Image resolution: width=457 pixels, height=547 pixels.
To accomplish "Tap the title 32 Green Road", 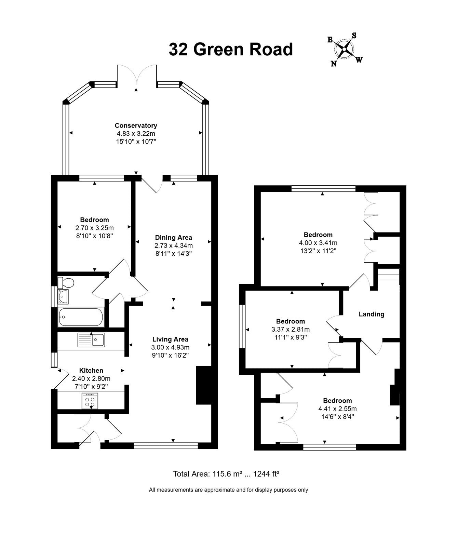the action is click(231, 49).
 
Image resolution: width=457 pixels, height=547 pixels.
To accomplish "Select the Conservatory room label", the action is click(136, 125).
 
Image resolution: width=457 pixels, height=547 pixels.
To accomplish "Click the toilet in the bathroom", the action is click(66, 283).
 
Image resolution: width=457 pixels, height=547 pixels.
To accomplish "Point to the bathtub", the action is click(81, 317).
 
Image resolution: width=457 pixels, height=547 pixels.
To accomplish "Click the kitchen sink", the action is click(91, 339).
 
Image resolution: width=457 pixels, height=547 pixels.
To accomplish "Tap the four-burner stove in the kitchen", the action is click(90, 400).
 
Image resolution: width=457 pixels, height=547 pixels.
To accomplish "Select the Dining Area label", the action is click(174, 237).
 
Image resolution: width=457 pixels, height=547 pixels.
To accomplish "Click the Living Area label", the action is click(170, 339).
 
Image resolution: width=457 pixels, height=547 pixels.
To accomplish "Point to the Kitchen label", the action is click(91, 370).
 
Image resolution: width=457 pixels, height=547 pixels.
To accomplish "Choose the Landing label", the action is click(372, 314).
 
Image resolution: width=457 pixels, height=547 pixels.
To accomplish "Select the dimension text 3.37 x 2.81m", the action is click(291, 330).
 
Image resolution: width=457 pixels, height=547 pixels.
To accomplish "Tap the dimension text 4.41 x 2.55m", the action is click(338, 409).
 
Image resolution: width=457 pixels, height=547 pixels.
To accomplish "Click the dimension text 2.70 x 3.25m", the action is click(95, 228).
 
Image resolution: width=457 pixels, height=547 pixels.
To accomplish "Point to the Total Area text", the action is click(226, 474).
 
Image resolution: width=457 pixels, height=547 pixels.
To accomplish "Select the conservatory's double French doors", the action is click(137, 75).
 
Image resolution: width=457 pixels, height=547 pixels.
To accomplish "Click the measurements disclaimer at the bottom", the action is click(228, 490).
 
